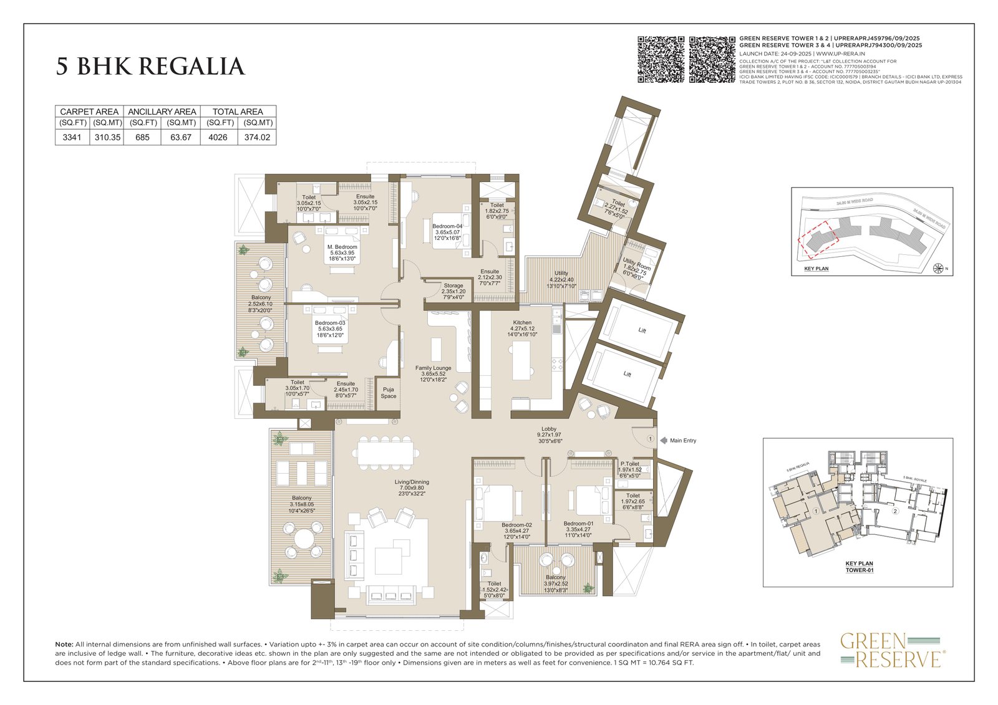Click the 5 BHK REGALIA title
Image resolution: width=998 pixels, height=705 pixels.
coord(150,67)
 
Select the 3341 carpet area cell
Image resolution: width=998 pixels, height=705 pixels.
coord(72,138)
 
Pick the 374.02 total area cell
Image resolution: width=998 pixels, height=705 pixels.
coord(257,138)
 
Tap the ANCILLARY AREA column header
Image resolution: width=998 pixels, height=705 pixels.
coord(162,112)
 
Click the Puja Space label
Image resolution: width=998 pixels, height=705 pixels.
coord(389,393)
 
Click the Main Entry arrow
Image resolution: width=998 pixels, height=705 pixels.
coord(664,441)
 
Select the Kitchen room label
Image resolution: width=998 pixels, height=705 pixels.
coord(522,323)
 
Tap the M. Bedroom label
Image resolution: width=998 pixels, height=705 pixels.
coord(342,247)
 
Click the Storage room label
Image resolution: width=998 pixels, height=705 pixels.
coord(453,285)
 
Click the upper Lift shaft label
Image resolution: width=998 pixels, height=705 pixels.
coord(642,330)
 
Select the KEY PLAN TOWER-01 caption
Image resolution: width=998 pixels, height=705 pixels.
coord(860,566)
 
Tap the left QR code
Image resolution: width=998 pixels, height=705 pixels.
coord(661,59)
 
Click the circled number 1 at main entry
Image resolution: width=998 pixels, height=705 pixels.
coord(650,439)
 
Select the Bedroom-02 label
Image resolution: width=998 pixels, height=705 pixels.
coord(516,525)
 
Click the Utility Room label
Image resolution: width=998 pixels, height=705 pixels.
coord(636,266)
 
